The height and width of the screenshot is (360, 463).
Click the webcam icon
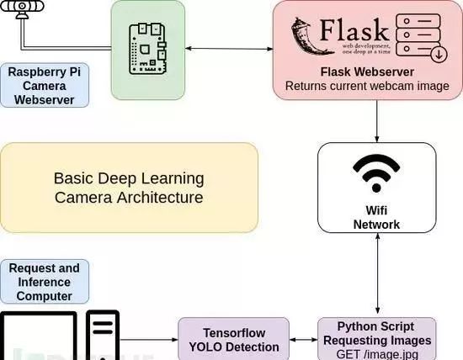click(x=22, y=9)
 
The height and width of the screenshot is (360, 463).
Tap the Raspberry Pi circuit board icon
click(x=147, y=49)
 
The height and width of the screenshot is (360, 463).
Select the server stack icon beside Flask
click(x=421, y=38)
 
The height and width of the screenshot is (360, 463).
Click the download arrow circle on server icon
click(x=439, y=54)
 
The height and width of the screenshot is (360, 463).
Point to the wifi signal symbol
click(x=376, y=173)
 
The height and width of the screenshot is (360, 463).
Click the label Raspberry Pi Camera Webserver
click(x=45, y=86)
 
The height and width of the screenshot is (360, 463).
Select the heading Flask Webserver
click(x=367, y=71)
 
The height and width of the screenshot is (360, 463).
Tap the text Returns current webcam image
click(x=367, y=86)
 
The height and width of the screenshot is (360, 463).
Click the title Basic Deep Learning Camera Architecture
click(x=129, y=188)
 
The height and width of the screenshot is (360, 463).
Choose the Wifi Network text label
click(x=376, y=218)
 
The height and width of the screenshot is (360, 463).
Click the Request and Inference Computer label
click(x=45, y=282)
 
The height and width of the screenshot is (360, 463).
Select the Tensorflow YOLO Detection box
click(x=234, y=339)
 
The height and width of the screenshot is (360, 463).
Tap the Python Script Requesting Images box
click(x=377, y=339)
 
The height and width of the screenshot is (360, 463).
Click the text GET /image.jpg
click(x=377, y=354)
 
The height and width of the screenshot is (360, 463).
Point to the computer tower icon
click(x=103, y=336)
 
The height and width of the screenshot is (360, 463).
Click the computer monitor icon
click(x=39, y=336)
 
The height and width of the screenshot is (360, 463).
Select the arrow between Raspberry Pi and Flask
click(x=229, y=49)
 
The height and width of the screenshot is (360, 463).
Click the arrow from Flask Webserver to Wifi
click(x=377, y=121)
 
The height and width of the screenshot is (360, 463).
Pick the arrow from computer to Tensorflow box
click(x=149, y=340)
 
